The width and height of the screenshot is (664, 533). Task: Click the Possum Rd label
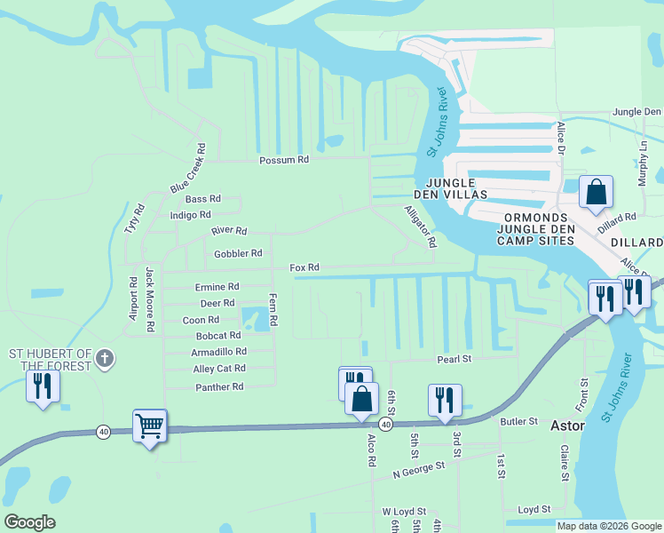(284, 161)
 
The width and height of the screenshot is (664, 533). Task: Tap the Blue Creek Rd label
(187, 169)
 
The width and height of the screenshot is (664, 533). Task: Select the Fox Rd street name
(304, 267)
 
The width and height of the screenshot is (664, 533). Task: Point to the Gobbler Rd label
(238, 254)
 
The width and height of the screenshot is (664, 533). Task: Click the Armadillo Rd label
(218, 352)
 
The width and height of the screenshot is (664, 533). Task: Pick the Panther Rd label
(218, 387)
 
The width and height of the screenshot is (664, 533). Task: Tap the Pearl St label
(453, 359)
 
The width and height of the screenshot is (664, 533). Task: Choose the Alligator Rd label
(421, 227)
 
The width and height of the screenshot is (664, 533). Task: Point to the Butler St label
(519, 421)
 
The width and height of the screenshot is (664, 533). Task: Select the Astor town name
(567, 426)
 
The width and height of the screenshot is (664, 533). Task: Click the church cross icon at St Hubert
(105, 359)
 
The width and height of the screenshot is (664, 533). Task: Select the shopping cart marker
(149, 427)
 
